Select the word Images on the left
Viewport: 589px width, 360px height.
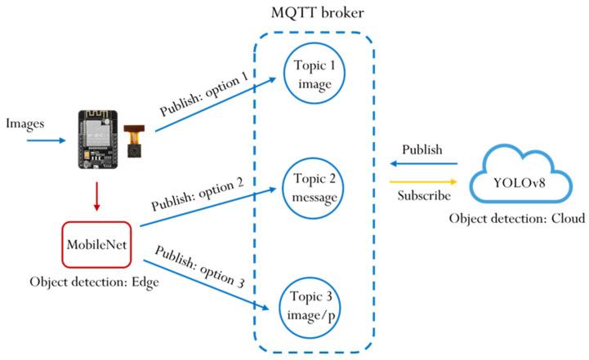25,123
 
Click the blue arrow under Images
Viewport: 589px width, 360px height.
46,140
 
